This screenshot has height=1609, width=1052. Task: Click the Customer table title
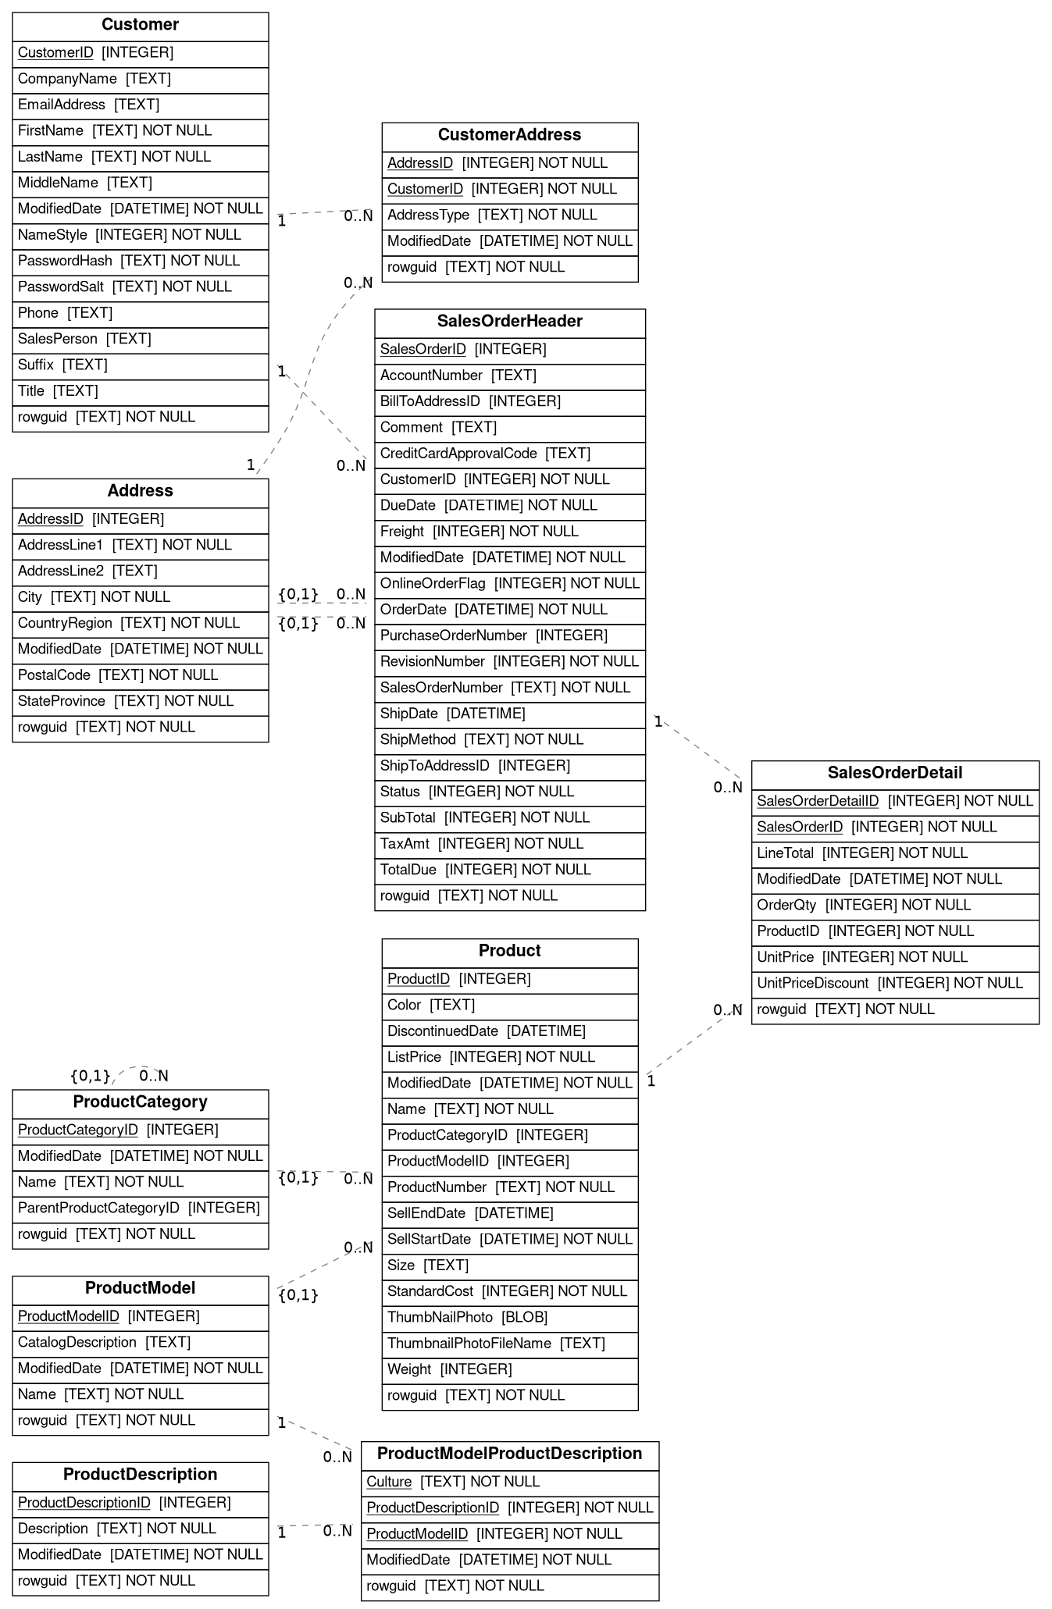coord(140,26)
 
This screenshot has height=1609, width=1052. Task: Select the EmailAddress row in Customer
coord(140,105)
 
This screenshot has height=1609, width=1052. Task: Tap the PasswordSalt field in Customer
coord(140,287)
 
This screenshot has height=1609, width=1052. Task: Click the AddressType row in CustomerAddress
coord(509,215)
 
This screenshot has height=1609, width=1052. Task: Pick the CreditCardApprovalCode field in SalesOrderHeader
coord(509,454)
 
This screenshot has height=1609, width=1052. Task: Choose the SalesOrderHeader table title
coord(509,322)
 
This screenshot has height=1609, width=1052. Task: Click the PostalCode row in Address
coord(140,676)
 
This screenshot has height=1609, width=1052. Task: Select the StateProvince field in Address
coord(140,702)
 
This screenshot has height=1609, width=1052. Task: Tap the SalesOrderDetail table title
coord(894,774)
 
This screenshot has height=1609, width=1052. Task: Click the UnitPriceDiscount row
coord(894,984)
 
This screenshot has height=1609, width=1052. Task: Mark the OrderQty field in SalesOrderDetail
coord(894,906)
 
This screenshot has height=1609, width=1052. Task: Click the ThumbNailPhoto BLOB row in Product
coord(509,1318)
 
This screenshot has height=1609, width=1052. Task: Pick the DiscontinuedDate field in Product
coord(509,1032)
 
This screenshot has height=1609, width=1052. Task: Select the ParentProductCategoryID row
coord(140,1209)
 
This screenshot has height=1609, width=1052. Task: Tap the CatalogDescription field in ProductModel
coord(140,1343)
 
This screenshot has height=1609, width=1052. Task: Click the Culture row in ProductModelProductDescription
coord(509,1483)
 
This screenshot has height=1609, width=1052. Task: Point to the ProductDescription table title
coord(140,1475)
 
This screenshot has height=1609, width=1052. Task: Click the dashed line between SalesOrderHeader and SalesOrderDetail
coord(699,749)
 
